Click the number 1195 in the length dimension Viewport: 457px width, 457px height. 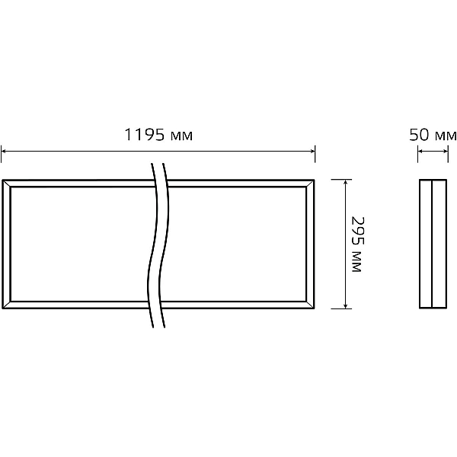coord(145,135)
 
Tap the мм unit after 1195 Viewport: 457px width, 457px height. coord(181,136)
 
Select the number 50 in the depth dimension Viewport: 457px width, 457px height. coord(419,135)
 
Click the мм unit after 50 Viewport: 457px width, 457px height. coord(446,136)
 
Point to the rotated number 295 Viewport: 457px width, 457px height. coord(358,231)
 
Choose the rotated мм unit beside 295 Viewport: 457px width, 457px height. coord(356,262)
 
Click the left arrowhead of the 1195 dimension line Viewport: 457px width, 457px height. coord(4,151)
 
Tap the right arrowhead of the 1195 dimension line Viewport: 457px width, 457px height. coord(313,151)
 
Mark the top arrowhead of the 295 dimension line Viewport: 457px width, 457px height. coord(345,182)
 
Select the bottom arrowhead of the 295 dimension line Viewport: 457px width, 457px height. coord(345,305)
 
